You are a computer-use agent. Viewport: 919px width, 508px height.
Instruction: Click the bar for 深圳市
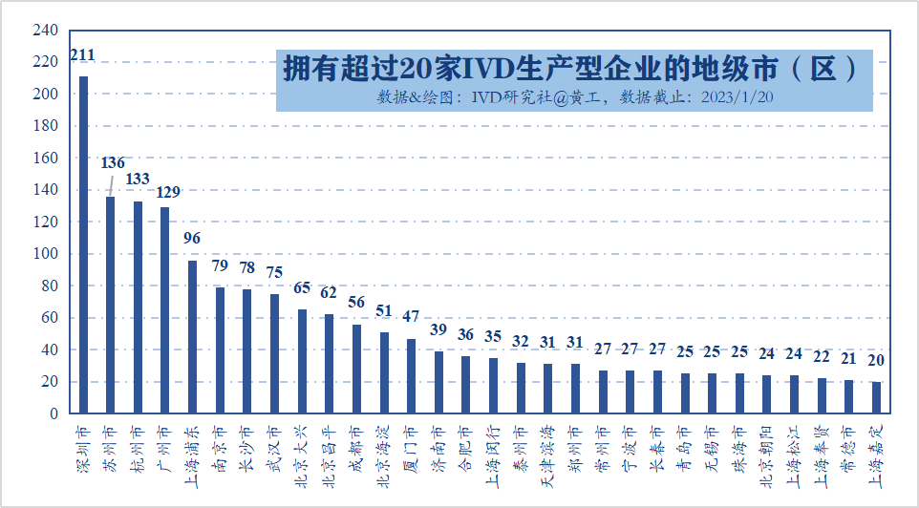tap(83, 244)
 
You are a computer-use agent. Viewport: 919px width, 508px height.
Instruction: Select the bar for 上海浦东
tap(192, 337)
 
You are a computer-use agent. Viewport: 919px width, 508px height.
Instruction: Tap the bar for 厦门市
tap(412, 376)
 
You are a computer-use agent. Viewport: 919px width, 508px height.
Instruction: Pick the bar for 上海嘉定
tap(876, 398)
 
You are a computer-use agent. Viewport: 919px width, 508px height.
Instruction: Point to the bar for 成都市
tap(356, 370)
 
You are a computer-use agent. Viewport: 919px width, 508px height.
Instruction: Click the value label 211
tap(82, 55)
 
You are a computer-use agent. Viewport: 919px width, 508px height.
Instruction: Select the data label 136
tap(113, 162)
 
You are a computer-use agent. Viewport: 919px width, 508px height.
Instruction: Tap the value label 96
tap(192, 238)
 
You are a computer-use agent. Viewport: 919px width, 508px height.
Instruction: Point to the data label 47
tap(411, 316)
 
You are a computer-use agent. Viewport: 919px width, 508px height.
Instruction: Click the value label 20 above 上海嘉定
tap(876, 360)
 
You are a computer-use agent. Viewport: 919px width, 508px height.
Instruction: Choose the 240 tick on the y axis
tap(45, 30)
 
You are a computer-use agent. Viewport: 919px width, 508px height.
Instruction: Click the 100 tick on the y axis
tap(45, 254)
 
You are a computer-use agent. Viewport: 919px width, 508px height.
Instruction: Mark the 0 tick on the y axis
tap(53, 413)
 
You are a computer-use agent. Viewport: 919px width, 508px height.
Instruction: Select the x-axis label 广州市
tap(164, 450)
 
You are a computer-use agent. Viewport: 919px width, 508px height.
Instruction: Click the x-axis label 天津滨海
tap(548, 457)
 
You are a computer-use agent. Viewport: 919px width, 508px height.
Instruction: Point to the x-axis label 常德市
tap(848, 450)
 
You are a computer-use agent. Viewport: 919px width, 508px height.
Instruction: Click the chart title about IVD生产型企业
tap(569, 68)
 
